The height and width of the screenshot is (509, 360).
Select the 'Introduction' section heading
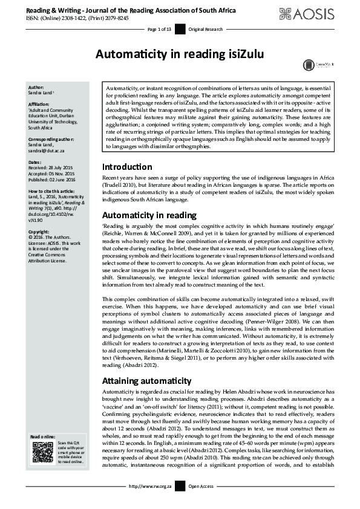click(127, 167)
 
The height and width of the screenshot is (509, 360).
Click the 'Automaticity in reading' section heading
click(149, 215)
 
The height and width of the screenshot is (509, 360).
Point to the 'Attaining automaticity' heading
click(145, 383)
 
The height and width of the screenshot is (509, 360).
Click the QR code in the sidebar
click(42, 452)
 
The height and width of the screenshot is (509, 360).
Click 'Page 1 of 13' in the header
click(160, 29)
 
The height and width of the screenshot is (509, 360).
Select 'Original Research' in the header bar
click(206, 29)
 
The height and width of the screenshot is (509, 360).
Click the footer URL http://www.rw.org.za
click(149, 502)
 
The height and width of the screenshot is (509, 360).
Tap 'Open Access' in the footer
click(201, 502)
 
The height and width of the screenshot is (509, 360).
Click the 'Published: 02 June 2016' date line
click(56, 179)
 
